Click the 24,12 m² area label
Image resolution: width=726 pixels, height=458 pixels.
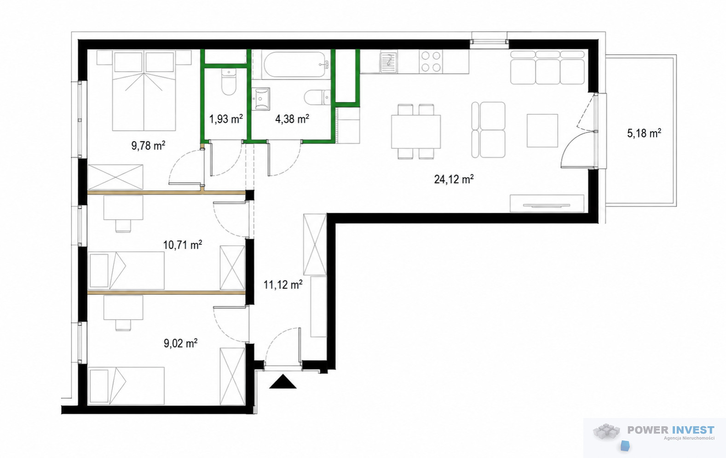point(454,179)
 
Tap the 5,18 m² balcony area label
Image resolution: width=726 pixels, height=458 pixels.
point(644,133)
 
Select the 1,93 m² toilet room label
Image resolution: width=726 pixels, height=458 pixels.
point(226,119)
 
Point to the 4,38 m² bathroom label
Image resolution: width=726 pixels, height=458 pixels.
point(292,119)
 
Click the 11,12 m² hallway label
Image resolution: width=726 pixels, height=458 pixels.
point(283,285)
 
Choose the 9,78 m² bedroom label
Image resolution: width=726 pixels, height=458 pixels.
point(148,145)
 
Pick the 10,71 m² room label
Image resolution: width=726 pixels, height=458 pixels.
point(183,245)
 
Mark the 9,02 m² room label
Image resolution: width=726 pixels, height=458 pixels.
point(180,343)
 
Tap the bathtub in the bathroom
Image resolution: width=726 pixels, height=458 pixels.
point(295,65)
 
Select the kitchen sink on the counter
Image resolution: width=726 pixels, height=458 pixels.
point(388,62)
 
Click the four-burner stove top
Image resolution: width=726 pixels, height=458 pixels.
point(431,62)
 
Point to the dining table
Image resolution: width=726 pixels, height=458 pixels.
point(416,132)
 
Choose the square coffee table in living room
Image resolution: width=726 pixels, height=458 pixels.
point(542,131)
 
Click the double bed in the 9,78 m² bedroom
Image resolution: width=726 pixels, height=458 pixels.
point(144,91)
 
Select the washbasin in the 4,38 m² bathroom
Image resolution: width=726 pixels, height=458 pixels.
point(261,99)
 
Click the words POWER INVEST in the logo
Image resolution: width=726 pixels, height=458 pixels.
point(671,430)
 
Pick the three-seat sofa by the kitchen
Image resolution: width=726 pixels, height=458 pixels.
point(547,68)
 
